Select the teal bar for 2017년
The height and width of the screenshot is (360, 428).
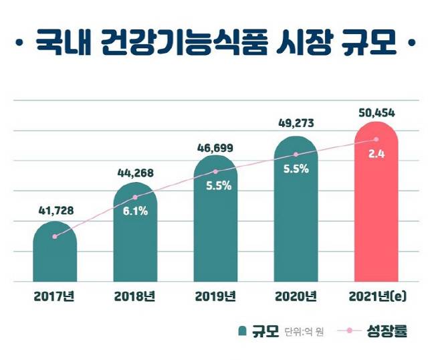(55, 254)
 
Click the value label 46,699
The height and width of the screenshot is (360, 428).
(215, 146)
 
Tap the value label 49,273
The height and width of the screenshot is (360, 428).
(295, 124)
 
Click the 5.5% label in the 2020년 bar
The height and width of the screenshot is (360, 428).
(295, 169)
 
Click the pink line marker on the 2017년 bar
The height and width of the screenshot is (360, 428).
(55, 236)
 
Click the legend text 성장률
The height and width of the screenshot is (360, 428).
(387, 331)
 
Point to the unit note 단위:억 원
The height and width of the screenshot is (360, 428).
(304, 332)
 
